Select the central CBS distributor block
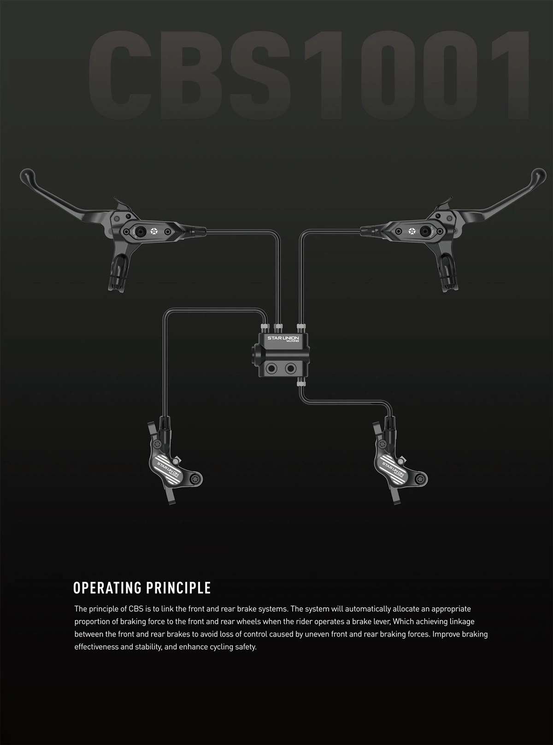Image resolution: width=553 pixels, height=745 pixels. coord(282,355)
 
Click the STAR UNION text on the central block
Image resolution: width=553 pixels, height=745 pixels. coord(283,338)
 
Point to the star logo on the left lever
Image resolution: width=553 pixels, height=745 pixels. coord(154,231)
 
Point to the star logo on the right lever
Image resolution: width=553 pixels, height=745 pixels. coord(412,231)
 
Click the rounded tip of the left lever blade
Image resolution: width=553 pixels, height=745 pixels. coord(26,175)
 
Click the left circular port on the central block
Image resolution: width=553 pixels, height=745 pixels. coord(271,369)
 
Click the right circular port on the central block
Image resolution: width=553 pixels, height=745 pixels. coord(290,369)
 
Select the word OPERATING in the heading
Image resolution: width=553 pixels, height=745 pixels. coord(107,588)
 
